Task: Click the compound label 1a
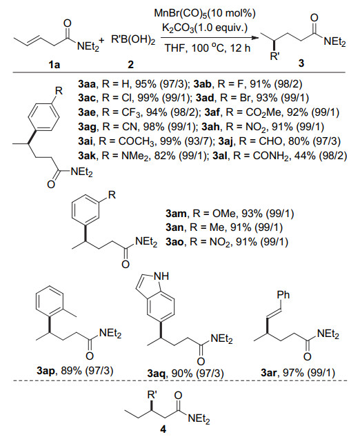pyautogui.click(x=54, y=65)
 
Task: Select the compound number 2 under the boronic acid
pyautogui.click(x=131, y=65)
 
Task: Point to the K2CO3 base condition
pyautogui.click(x=178, y=28)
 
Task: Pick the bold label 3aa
pyautogui.click(x=87, y=83)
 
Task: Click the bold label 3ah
pyautogui.click(x=211, y=127)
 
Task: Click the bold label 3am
pyautogui.click(x=177, y=214)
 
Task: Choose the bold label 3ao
pyautogui.click(x=174, y=242)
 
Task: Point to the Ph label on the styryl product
pyautogui.click(x=283, y=295)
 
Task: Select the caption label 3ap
pyautogui.click(x=46, y=371)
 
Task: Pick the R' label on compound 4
pyautogui.click(x=152, y=395)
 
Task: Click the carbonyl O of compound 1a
pyautogui.click(x=67, y=23)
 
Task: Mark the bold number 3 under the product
pyautogui.click(x=301, y=63)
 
